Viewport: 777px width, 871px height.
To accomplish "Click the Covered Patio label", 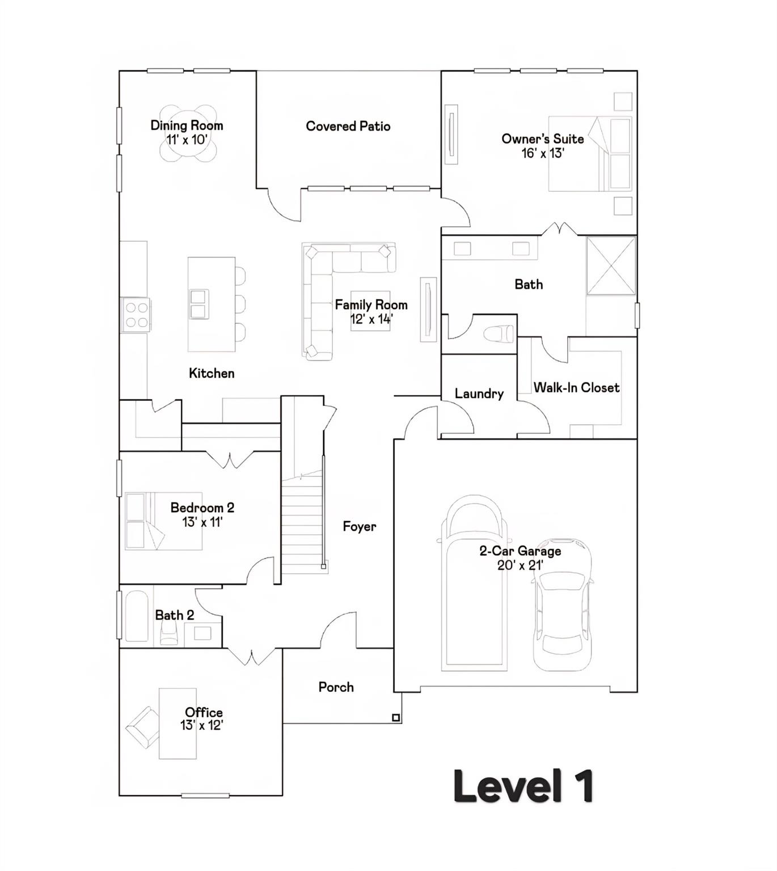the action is point(348,126).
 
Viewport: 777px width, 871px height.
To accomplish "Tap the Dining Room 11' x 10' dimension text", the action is point(187,139).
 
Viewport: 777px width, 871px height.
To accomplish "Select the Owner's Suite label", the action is point(543,139).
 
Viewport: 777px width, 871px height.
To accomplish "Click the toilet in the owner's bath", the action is point(499,333).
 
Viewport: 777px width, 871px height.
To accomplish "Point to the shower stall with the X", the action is point(611,266).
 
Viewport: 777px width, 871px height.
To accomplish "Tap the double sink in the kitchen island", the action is point(198,305).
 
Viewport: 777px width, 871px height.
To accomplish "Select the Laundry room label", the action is point(479,394).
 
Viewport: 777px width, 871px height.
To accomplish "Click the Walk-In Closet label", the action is point(576,387).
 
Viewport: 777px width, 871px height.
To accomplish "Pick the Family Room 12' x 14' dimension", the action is point(371,319).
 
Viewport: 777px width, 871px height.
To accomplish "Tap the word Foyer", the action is point(360,527).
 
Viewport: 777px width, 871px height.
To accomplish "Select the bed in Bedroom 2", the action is point(163,521).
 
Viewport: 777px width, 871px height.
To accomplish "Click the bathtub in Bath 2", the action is point(137,616).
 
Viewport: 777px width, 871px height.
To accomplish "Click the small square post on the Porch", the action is point(396,717).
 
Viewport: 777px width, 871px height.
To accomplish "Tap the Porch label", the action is point(336,687).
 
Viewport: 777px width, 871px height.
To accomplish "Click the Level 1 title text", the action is point(523,786).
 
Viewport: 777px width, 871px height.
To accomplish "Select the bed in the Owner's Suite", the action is point(590,154).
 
